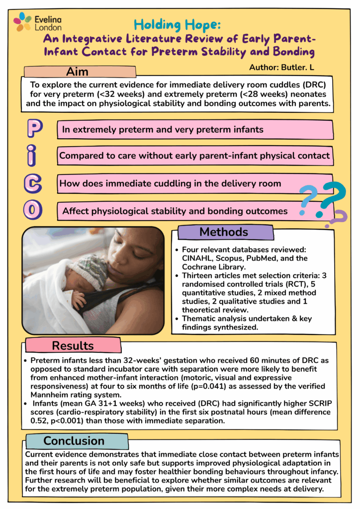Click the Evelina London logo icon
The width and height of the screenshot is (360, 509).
point(22,21)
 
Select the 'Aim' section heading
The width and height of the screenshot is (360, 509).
point(78,72)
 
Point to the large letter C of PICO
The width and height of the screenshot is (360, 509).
point(33,182)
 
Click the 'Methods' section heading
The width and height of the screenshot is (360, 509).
point(224,232)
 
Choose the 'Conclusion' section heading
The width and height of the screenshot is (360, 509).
point(74,441)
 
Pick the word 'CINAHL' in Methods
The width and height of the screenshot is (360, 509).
point(196,258)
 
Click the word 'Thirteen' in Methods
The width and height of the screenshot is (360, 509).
point(198,275)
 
